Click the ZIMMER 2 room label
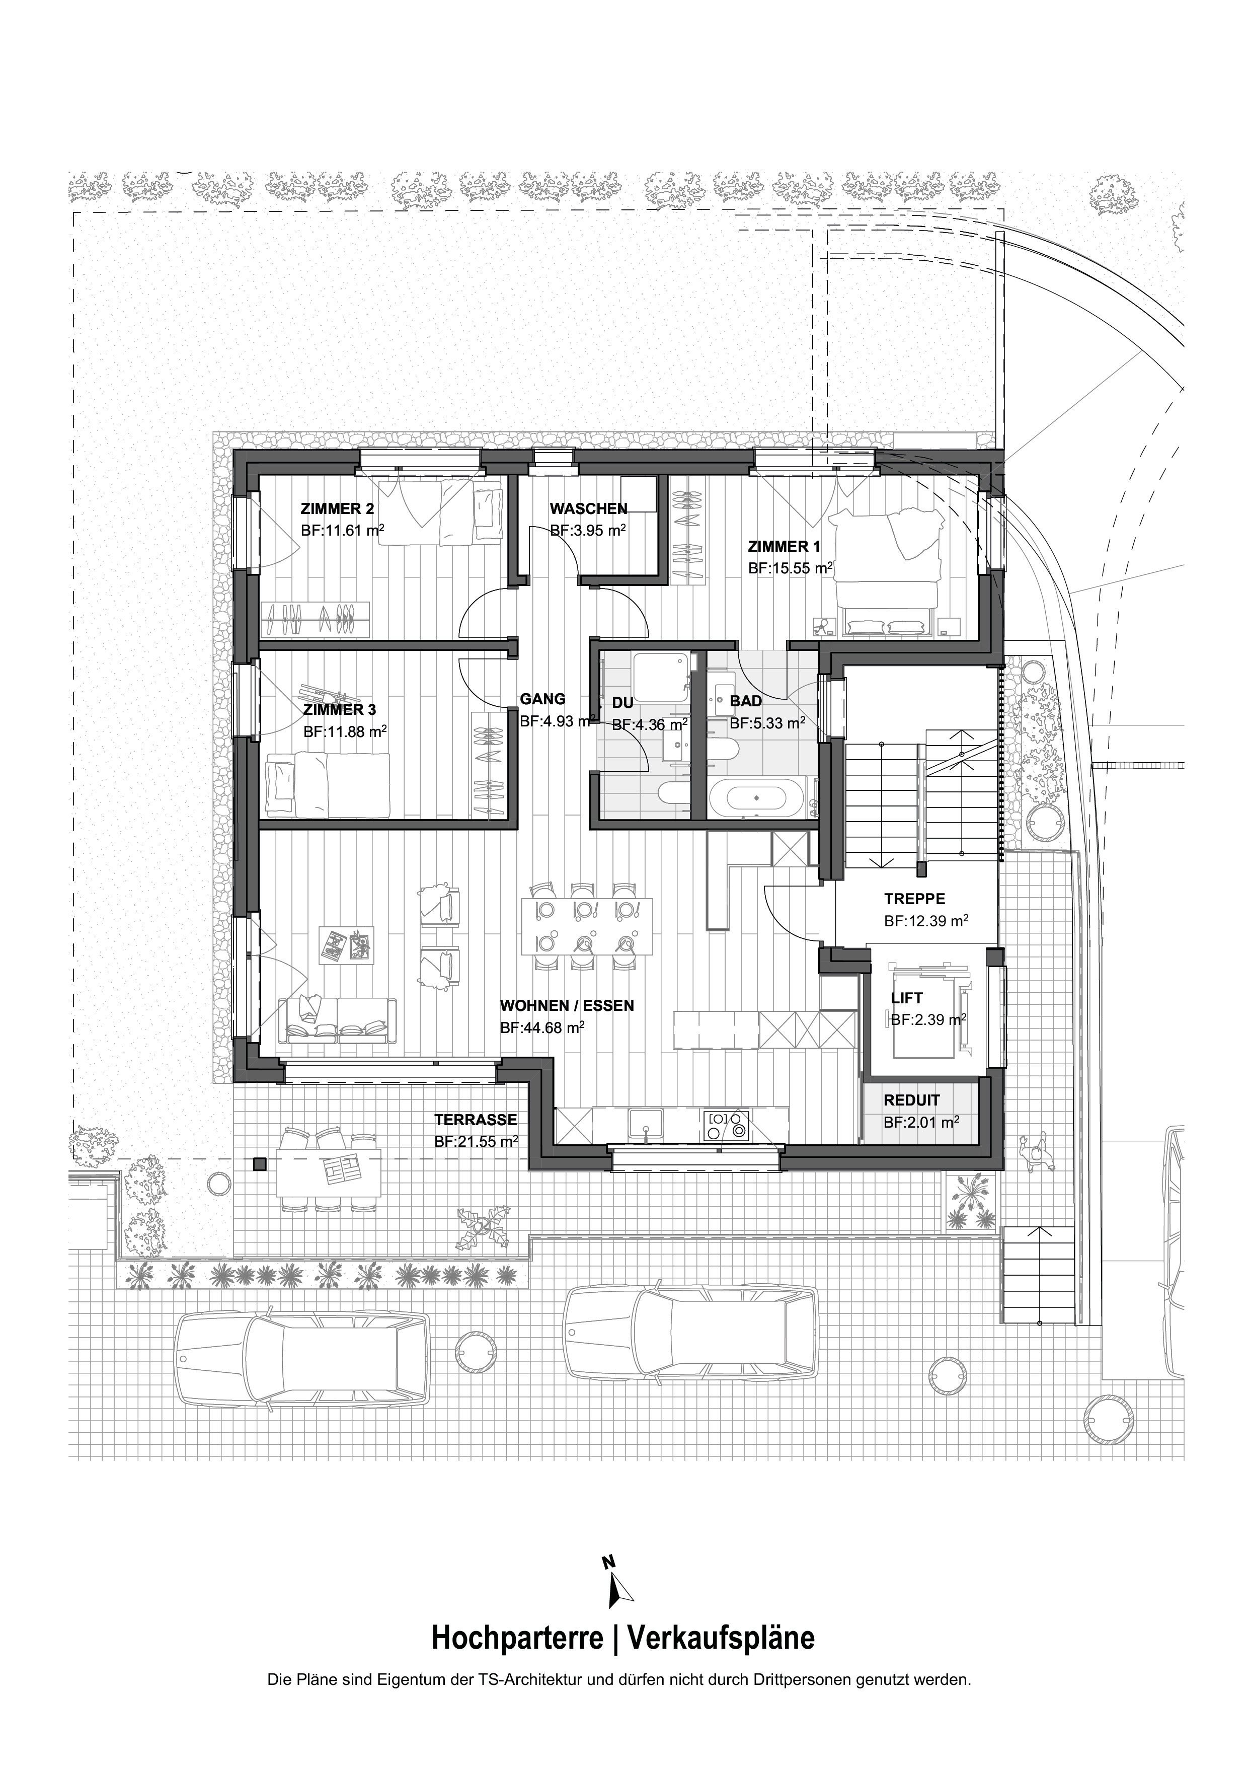point(338,509)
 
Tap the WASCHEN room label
point(588,509)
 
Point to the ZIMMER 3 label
point(340,709)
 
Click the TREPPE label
point(914,899)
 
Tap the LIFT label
point(907,998)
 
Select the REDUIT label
point(911,1100)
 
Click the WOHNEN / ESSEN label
point(567,1005)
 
